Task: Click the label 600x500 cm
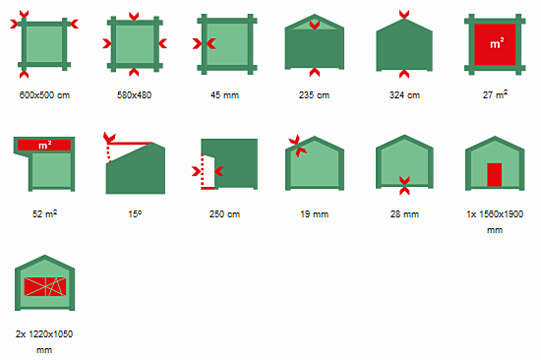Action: pos(44,95)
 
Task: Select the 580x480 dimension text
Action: pos(134,95)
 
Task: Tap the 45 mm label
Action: pos(224,95)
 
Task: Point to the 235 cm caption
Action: pos(315,95)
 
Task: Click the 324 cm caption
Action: pos(404,95)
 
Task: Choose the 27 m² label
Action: pos(495,94)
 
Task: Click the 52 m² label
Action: pos(44,213)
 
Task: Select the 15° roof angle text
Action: pos(135,214)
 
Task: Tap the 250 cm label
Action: pos(224,214)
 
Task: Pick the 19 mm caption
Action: pos(315,214)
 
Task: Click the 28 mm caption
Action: pos(404,214)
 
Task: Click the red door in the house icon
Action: pos(495,175)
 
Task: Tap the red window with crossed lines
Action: pos(45,286)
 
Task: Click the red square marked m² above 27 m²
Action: pos(495,44)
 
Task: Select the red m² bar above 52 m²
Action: pos(44,145)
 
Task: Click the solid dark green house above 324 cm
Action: pos(404,45)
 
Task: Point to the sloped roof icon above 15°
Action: pos(136,167)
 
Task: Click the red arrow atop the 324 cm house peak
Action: pos(404,14)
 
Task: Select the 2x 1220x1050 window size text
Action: pos(44,341)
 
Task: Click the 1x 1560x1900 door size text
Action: pos(495,222)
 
